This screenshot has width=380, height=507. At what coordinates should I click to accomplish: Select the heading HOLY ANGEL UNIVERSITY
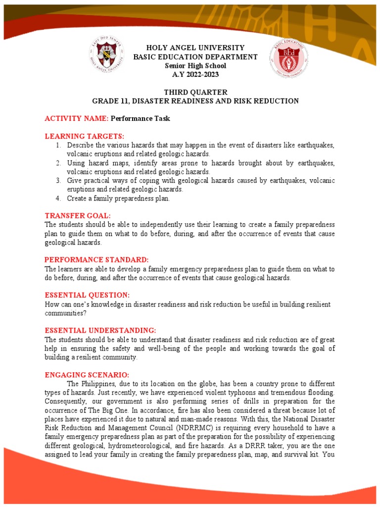(195, 48)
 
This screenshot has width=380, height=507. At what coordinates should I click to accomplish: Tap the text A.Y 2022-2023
(195, 74)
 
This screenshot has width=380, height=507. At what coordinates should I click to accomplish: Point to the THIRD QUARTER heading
(195, 92)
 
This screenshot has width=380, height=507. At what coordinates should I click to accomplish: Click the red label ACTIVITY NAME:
(77, 119)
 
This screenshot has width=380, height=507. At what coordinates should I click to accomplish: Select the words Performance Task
(141, 119)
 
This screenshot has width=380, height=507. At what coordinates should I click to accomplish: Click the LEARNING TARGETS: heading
(84, 136)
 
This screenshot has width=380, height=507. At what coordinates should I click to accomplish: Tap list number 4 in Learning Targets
(58, 198)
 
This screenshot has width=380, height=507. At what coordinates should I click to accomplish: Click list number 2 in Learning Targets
(58, 163)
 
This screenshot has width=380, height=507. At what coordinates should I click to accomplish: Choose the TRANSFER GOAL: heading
(78, 216)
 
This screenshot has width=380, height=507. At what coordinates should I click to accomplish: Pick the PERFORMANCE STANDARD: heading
(96, 260)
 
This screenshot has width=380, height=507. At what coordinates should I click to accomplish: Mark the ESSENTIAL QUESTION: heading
(87, 295)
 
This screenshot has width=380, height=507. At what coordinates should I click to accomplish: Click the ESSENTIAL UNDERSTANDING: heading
(100, 330)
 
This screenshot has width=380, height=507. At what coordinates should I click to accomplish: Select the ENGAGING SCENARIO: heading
(87, 375)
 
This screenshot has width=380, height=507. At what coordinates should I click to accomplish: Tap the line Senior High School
(195, 65)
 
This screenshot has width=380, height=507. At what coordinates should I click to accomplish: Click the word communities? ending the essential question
(63, 313)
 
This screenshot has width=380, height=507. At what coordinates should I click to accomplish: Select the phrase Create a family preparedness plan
(118, 198)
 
